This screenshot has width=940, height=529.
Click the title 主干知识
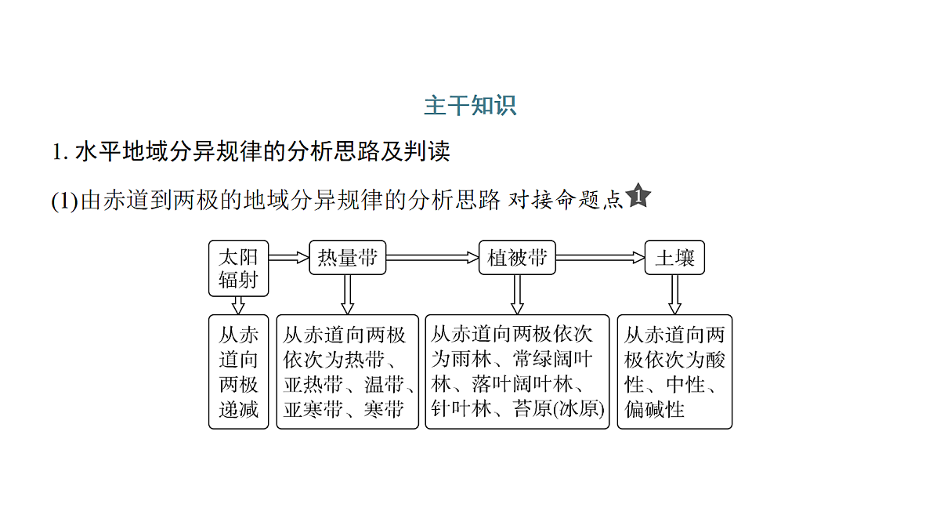pos(470,105)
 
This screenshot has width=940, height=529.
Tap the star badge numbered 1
pos(638,196)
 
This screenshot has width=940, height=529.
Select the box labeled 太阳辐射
pos(238,268)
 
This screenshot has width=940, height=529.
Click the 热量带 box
pos(348,257)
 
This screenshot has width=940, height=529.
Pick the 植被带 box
pos(517,257)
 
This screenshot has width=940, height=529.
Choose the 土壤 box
pos(674,257)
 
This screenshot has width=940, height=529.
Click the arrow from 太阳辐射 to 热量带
pos(289,257)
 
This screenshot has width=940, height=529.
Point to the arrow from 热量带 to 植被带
pos(432,257)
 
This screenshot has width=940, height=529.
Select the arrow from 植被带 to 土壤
pos(600,257)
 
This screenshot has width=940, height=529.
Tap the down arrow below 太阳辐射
pos(238,306)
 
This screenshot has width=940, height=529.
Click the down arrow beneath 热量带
pos(348,295)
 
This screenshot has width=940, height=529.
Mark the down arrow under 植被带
pos(517,295)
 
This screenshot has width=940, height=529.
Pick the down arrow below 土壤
pos(674,295)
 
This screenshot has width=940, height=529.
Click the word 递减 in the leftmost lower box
pos(238,409)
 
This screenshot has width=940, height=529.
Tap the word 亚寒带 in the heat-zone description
pos(313,409)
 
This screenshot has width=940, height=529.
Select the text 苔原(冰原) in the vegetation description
pos(559,409)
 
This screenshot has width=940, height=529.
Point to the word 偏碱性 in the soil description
pos(654,409)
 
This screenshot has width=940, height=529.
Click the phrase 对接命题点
pos(566,200)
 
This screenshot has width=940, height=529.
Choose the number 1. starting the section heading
pos(60,151)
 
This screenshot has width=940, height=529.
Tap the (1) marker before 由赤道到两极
pos(64,201)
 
